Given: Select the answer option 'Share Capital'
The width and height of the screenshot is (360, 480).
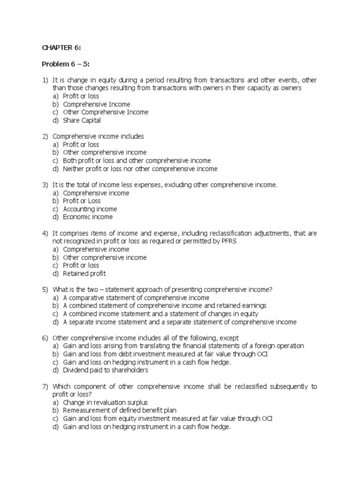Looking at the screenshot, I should tap(82, 120).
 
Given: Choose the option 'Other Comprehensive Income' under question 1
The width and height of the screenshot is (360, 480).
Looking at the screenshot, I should tap(105, 112).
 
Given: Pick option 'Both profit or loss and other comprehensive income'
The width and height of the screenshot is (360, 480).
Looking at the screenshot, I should tap(137, 161).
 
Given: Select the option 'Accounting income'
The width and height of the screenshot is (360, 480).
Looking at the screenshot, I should tap(90, 209).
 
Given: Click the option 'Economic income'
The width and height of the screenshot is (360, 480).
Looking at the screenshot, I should tap(88, 217).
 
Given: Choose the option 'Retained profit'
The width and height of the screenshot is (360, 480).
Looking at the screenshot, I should tap(84, 274).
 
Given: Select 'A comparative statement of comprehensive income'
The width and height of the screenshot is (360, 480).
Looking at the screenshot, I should tap(136, 298).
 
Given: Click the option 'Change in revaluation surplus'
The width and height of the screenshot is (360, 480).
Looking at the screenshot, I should tap(105, 402).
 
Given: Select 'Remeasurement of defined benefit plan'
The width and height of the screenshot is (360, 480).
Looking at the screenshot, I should tap(116, 411).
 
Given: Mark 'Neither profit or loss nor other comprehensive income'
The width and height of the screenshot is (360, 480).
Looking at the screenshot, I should tap(140, 169).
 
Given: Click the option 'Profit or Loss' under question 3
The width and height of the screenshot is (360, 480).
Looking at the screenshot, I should tap(82, 201).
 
